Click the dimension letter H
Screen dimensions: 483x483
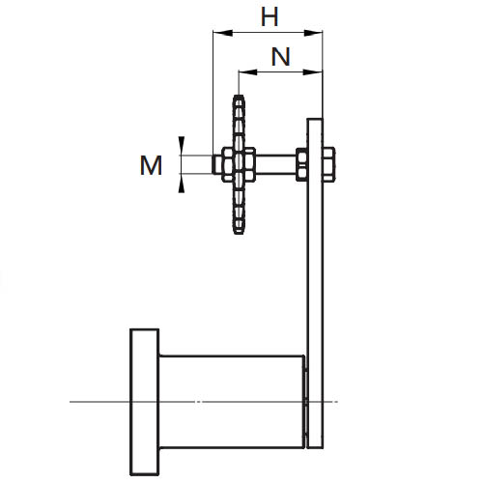(270, 17)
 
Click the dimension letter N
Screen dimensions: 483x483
(281, 57)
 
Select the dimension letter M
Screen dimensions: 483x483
(151, 165)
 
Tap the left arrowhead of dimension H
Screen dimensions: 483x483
(222, 33)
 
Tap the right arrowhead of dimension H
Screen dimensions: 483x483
(313, 33)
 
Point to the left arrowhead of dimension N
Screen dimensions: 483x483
(247, 72)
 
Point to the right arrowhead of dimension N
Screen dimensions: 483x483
(313, 72)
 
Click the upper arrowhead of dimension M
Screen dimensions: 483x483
(182, 146)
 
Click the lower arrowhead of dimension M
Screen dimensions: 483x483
(182, 184)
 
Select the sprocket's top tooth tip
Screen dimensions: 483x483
(239, 96)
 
